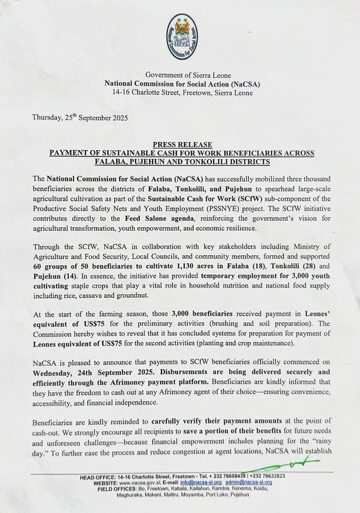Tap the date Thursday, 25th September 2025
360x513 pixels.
(x=80, y=118)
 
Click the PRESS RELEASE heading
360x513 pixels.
(x=182, y=145)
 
